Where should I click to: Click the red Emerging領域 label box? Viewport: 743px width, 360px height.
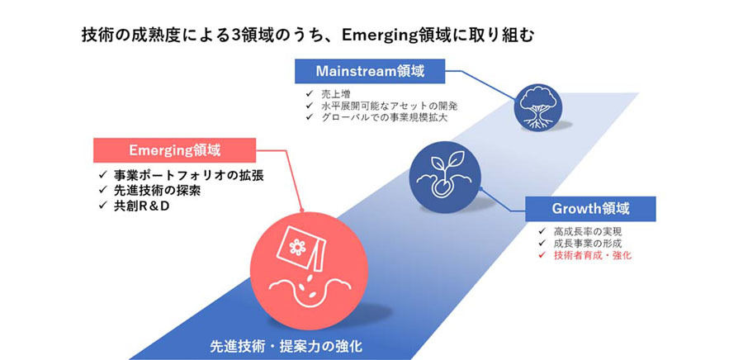(x=174, y=150)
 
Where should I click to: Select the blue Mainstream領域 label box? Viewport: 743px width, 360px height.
(x=370, y=72)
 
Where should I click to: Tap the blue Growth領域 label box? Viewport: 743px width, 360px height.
(x=590, y=209)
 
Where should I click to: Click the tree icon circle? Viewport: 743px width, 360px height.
(x=538, y=107)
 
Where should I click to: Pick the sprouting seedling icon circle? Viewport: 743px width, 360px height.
(x=445, y=176)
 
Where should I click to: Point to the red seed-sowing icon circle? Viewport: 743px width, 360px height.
(x=310, y=271)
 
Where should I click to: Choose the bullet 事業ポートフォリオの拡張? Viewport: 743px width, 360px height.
(x=188, y=175)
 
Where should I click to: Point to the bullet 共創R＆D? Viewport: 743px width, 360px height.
(x=141, y=206)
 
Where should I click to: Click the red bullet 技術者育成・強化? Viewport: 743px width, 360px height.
(x=592, y=256)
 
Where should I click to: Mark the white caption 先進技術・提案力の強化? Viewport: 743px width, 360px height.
(x=286, y=346)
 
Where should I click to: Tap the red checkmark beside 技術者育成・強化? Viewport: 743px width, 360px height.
(x=542, y=256)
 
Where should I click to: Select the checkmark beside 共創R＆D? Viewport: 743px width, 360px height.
(x=103, y=206)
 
